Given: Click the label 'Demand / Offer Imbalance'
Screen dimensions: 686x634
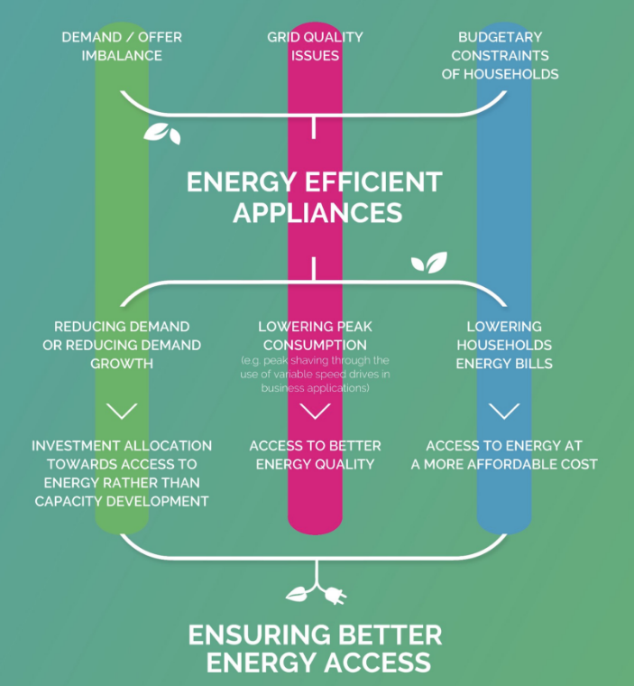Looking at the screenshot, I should click(x=122, y=46).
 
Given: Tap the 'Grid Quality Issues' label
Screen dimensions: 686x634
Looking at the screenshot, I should click(x=315, y=46).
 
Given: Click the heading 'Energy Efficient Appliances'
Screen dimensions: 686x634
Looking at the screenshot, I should click(x=314, y=197).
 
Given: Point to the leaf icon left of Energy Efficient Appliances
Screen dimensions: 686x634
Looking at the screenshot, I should click(x=162, y=134).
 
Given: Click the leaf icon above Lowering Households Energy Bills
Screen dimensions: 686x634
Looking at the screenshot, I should click(x=429, y=263).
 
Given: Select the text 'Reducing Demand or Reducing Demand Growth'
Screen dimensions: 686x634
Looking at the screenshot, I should click(x=122, y=345).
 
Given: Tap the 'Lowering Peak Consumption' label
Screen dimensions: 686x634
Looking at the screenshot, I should click(x=315, y=336).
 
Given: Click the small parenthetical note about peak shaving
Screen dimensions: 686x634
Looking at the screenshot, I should click(x=315, y=375).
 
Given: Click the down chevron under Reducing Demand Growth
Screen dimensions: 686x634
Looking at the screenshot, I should click(x=122, y=412).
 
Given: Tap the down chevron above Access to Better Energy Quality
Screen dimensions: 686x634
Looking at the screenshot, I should click(x=315, y=412).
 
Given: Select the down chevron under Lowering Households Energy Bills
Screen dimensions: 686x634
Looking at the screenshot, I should click(x=504, y=412).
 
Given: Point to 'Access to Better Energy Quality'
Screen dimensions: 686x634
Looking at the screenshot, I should click(x=315, y=455).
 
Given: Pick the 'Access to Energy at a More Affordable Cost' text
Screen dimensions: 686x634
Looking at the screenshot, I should click(x=504, y=455).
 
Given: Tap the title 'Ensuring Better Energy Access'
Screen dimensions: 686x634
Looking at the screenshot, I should click(x=315, y=648).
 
